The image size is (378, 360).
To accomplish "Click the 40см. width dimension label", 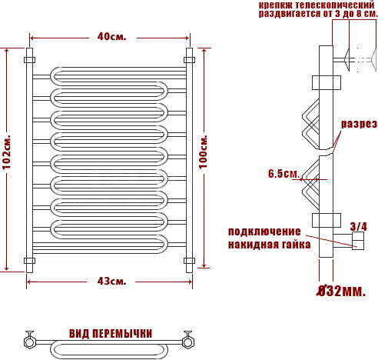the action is pyautogui.click(x=112, y=37).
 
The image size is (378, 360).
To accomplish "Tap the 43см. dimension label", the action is pyautogui.click(x=111, y=282).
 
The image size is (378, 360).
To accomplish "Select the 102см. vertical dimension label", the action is pyautogui.click(x=7, y=152).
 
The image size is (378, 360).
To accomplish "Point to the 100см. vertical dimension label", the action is pyautogui.click(x=204, y=152).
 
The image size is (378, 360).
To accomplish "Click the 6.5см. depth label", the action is pyautogui.click(x=283, y=174).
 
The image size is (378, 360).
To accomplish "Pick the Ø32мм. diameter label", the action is pyautogui.click(x=341, y=292).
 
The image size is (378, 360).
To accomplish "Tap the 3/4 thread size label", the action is pyautogui.click(x=359, y=227).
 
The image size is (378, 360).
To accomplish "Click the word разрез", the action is pyautogui.click(x=360, y=124).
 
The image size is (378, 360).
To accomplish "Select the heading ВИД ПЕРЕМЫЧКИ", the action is pyautogui.click(x=111, y=334).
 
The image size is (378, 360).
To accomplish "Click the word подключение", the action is pyautogui.click(x=264, y=232).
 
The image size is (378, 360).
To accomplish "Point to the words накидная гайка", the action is pyautogui.click(x=269, y=245).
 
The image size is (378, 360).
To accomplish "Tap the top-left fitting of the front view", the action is pyautogui.click(x=29, y=60).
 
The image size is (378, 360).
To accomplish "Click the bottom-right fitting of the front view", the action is pyautogui.click(x=189, y=261).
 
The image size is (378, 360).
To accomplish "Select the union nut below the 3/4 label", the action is pyautogui.click(x=358, y=241).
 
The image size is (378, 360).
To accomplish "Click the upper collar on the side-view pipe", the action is pyautogui.click(x=327, y=82).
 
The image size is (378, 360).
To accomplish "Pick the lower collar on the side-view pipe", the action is pyautogui.click(x=327, y=220).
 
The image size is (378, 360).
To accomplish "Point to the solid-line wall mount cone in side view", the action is pyautogui.click(x=347, y=60).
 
